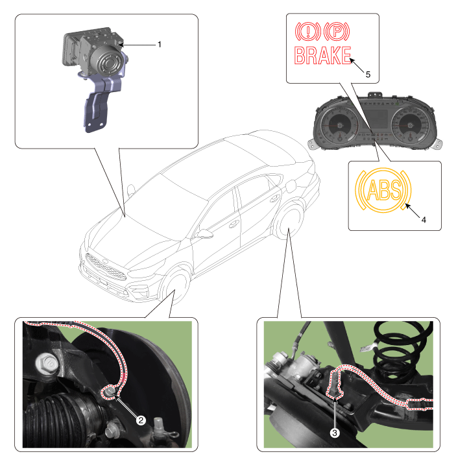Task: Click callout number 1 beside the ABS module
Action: point(160,45)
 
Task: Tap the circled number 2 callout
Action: point(141,420)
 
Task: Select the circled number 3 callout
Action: point(335,433)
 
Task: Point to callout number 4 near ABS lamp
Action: point(424,220)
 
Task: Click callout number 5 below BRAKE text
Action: point(368,75)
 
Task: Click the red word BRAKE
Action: point(323,56)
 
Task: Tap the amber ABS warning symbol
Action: point(383,190)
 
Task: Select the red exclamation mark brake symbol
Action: point(308,31)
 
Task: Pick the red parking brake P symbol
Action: point(337,31)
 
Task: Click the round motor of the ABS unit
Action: point(107,62)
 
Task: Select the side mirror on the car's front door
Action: point(205,233)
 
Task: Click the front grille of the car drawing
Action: point(105,267)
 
